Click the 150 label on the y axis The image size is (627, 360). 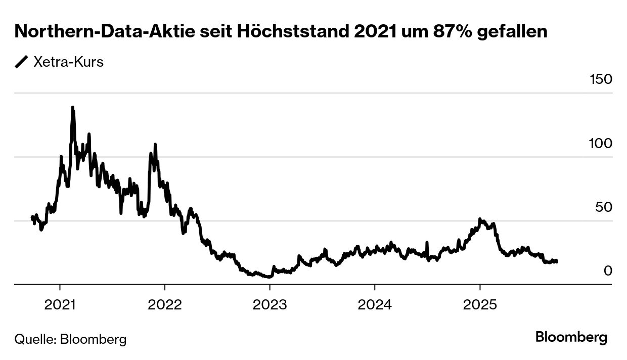tap(601, 79)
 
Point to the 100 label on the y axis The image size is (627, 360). tap(601, 144)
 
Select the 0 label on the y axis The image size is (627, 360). tap(608, 271)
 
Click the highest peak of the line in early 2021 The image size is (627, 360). tap(73, 108)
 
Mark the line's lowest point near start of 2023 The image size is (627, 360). tap(268, 277)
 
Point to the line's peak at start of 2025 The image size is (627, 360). tap(480, 219)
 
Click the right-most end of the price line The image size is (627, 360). tap(557, 261)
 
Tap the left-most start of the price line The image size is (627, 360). tap(32, 217)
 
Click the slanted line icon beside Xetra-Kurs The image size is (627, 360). tap(22, 62)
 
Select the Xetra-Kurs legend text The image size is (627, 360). tap(68, 62)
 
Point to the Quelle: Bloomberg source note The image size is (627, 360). tap(70, 338)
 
